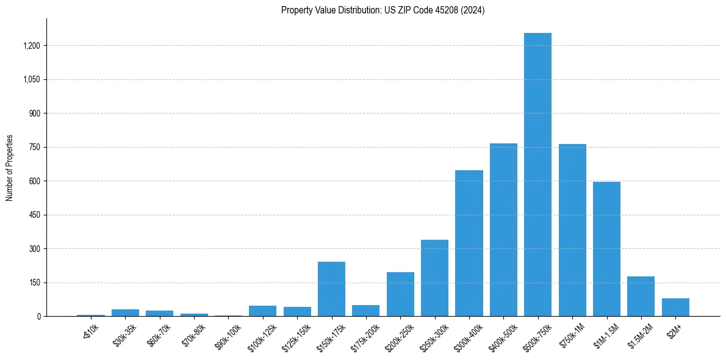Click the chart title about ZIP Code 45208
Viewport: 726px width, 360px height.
383,10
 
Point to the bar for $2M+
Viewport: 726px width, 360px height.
675,307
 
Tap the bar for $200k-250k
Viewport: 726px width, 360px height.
400,294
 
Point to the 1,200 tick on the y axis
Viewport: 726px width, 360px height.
32,46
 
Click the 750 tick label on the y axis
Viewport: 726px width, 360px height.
35,147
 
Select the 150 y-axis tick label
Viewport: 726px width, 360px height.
35,283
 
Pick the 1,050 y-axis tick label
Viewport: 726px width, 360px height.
32,79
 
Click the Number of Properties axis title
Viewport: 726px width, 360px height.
10,168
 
